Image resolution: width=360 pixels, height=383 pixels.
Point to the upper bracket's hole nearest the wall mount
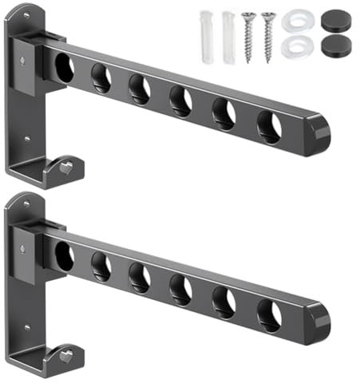(x=64, y=69)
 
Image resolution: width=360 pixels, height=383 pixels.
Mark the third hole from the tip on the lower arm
(x=180, y=287)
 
